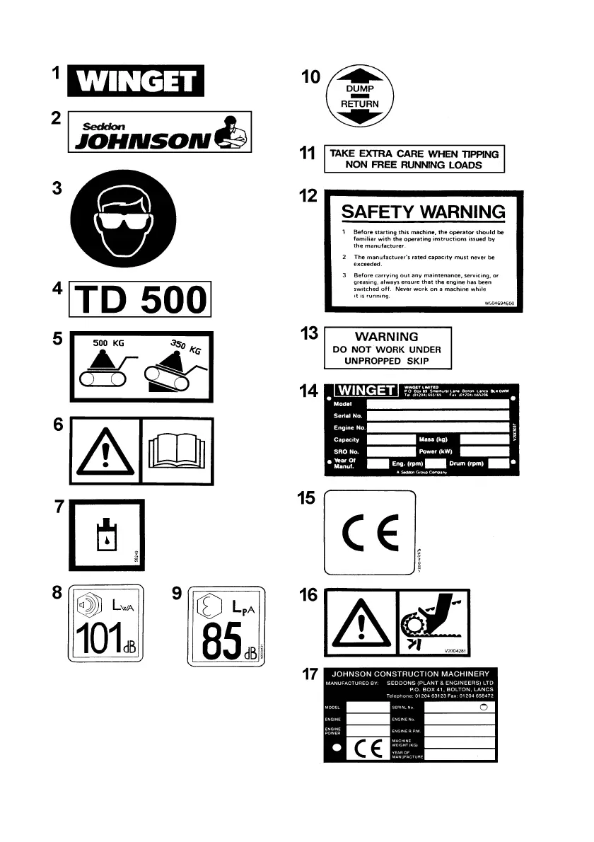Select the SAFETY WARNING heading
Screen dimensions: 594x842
423,212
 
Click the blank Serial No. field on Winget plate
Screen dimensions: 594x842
438,417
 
